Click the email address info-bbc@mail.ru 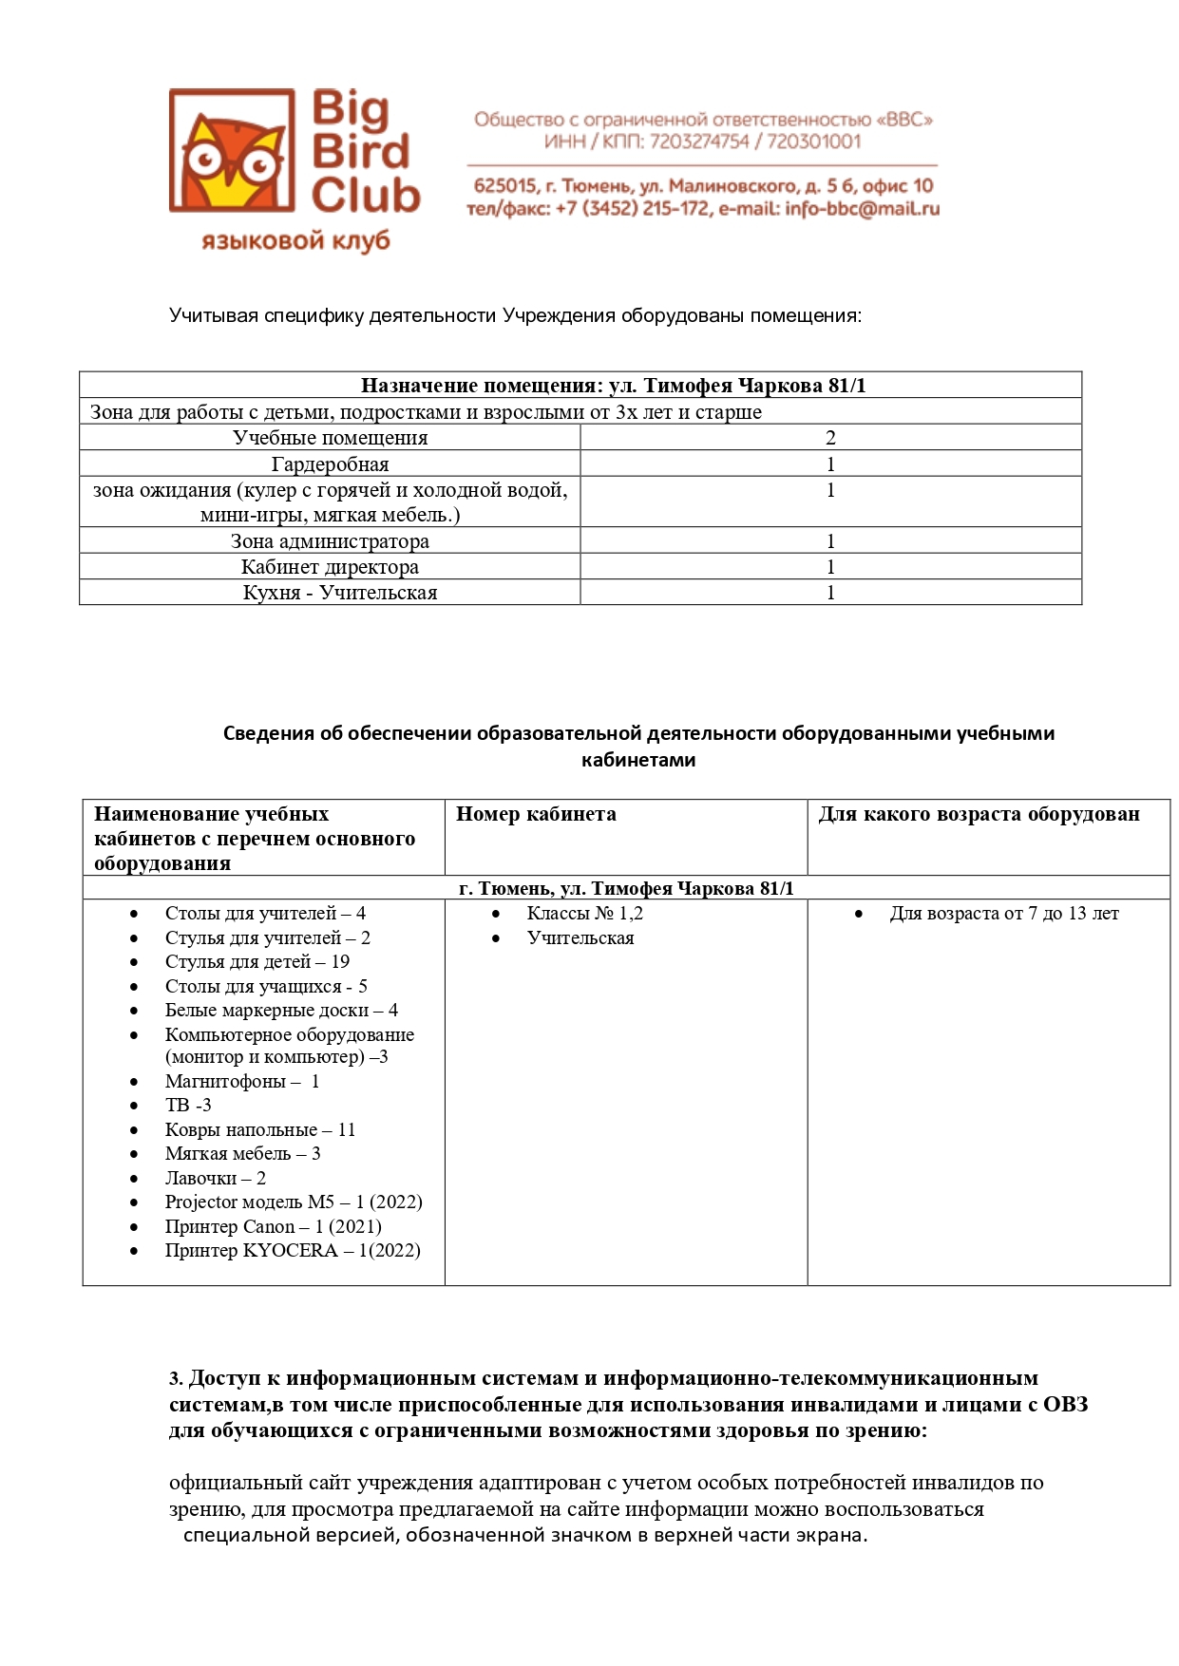tap(862, 209)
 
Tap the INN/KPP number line tap(702, 142)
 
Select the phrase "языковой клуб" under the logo tap(295, 241)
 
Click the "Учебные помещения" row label tap(330, 438)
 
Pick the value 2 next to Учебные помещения tap(830, 438)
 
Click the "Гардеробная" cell tap(330, 464)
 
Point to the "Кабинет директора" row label tap(330, 567)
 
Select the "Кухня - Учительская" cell tap(340, 593)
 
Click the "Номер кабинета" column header tap(536, 814)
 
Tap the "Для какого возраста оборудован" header tap(979, 814)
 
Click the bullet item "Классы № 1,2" tap(584, 914)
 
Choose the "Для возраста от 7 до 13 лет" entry tap(1003, 914)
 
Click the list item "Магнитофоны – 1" tap(241, 1082)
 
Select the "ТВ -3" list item tap(188, 1106)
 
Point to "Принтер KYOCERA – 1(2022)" tap(292, 1251)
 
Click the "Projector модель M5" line tap(293, 1202)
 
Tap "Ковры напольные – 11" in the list tap(259, 1130)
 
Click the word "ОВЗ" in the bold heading tap(1065, 1405)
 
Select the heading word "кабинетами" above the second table tap(638, 760)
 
